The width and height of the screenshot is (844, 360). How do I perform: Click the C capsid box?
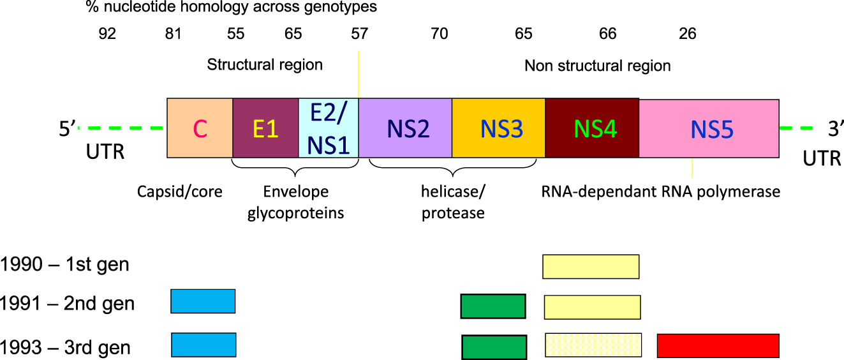click(200, 128)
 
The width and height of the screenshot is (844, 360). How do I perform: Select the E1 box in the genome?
click(265, 128)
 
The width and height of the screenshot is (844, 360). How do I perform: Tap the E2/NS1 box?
click(329, 128)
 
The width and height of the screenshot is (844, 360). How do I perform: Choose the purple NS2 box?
click(405, 128)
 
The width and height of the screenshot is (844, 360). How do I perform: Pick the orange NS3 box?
click(498, 128)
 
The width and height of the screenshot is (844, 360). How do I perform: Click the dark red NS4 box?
click(592, 128)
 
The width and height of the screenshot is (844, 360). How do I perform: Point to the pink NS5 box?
click(709, 128)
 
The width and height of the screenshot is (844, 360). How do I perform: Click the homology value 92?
click(107, 34)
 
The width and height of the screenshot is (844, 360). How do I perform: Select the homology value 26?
click(688, 34)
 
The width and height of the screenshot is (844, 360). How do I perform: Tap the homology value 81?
click(173, 34)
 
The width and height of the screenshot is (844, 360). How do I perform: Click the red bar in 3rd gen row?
click(718, 345)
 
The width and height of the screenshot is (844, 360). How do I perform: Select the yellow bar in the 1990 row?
click(591, 266)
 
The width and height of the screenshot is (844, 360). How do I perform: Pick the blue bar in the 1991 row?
click(203, 301)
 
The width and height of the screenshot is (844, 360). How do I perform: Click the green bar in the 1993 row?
click(494, 346)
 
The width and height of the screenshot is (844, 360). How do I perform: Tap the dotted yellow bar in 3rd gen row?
click(593, 345)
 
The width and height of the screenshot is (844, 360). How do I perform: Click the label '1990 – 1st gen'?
click(65, 264)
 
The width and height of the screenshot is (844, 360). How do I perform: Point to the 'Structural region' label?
click(265, 64)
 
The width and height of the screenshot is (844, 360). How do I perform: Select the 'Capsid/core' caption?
click(180, 191)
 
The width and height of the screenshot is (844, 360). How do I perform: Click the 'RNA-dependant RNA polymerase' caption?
click(660, 191)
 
